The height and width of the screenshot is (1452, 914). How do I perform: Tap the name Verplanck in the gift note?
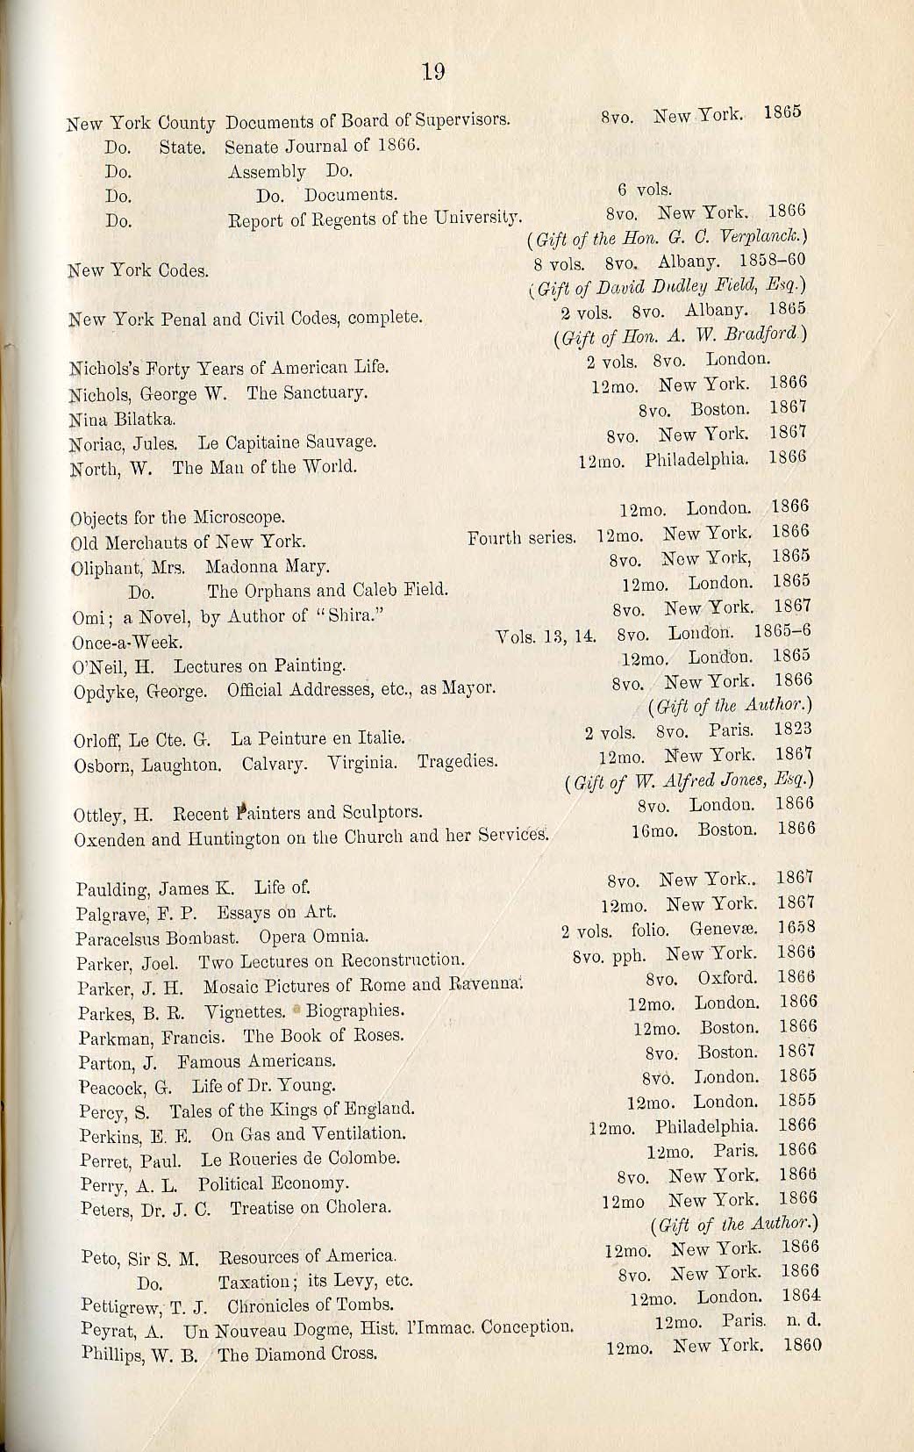point(767,239)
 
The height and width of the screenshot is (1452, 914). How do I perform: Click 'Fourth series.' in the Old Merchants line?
point(523,536)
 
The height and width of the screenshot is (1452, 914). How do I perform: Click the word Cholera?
point(375,1207)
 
